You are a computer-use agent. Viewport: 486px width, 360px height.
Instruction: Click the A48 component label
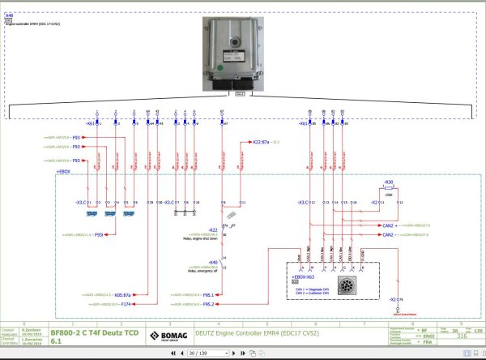[9, 15]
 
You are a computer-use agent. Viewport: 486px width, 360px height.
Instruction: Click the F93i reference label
[98, 234]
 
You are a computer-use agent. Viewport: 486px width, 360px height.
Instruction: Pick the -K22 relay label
[213, 230]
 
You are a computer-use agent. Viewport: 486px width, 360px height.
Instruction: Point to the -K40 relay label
[213, 263]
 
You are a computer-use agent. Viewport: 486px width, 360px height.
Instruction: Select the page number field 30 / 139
[198, 354]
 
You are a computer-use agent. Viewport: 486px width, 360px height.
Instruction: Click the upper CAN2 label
[388, 225]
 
